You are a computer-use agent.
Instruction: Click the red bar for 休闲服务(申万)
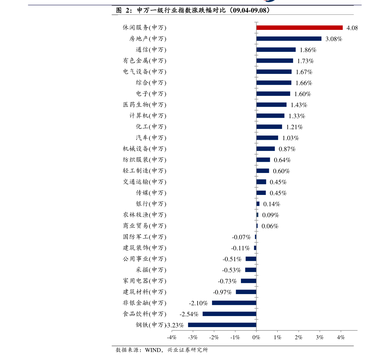(299, 28)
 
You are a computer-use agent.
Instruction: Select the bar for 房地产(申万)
(289, 39)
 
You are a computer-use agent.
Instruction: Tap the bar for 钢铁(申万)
(222, 325)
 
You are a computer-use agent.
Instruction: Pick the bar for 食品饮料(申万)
(229, 314)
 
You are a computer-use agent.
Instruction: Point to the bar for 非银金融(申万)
(234, 303)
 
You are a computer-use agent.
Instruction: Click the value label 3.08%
(334, 39)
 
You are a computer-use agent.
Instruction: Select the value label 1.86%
(308, 50)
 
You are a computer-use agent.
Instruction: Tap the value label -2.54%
(189, 314)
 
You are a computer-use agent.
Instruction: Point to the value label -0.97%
(222, 292)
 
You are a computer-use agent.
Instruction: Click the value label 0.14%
(272, 204)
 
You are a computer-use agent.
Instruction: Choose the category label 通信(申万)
(151, 50)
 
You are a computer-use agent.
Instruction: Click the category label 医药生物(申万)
(144, 105)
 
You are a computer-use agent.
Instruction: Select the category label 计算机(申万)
(148, 116)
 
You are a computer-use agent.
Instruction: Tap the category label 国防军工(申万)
(144, 237)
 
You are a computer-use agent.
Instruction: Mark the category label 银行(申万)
(151, 204)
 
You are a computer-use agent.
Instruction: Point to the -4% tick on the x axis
(172, 337)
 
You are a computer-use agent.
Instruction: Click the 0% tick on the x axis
(256, 337)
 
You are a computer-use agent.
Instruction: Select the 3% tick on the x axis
(319, 337)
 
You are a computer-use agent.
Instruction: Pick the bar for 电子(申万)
(273, 94)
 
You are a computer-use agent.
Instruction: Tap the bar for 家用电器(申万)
(249, 281)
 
